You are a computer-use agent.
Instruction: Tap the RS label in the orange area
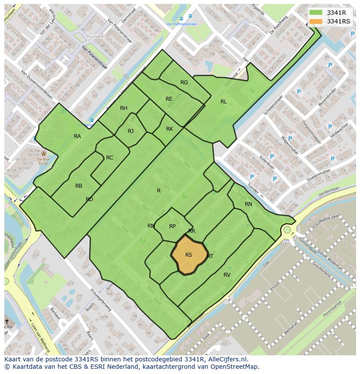coord(189,255)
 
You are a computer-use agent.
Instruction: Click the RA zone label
coord(77,136)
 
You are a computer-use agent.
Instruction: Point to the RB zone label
coord(79,186)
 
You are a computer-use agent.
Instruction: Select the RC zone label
coord(110,158)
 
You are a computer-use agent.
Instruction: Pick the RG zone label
coord(184,83)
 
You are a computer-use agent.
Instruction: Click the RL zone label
coord(223,102)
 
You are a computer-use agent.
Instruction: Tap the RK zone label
coord(170,129)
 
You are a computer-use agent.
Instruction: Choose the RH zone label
coord(124,108)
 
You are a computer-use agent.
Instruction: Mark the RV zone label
coord(227,275)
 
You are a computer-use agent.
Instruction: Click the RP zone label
coord(173,226)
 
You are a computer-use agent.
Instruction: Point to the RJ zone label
coord(131,131)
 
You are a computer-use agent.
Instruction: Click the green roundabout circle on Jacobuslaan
coord(287,229)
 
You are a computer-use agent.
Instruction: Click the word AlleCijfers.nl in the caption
coord(226,359)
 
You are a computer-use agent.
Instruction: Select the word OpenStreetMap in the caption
coord(237,367)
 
